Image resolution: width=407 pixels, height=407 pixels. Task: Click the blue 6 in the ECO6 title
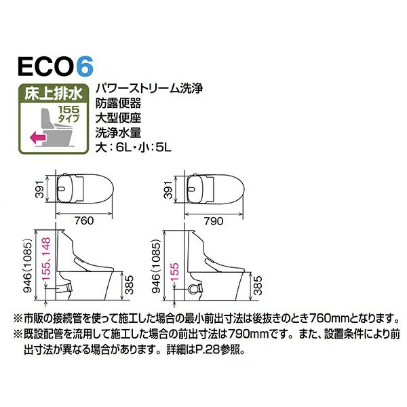coord(85,66)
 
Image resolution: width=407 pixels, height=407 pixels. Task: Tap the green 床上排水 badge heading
coord(54,94)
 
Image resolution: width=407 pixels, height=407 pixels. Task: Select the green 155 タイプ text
coord(69,113)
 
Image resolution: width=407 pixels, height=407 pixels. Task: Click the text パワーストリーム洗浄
coord(149,88)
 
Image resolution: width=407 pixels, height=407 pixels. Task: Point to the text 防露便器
coord(118,104)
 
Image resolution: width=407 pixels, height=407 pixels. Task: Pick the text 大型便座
coord(118,118)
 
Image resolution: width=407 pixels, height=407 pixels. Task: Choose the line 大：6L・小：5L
coord(134,148)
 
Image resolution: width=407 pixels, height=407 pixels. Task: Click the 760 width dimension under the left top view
coord(84,221)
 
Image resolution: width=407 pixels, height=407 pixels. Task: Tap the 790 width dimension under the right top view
coord(214,221)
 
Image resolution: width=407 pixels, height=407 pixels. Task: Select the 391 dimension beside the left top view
coord(40,189)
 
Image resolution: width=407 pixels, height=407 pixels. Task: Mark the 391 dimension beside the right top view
coord(168,190)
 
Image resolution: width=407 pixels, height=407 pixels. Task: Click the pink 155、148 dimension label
coord(46,259)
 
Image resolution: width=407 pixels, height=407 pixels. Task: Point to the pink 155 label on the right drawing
coord(175,272)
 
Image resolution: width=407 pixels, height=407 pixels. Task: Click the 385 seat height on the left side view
coord(129,285)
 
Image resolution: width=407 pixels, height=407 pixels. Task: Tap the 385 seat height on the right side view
coord(258,286)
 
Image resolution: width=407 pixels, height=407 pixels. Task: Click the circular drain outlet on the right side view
coord(193,289)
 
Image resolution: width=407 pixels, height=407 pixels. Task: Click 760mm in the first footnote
coord(330,317)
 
